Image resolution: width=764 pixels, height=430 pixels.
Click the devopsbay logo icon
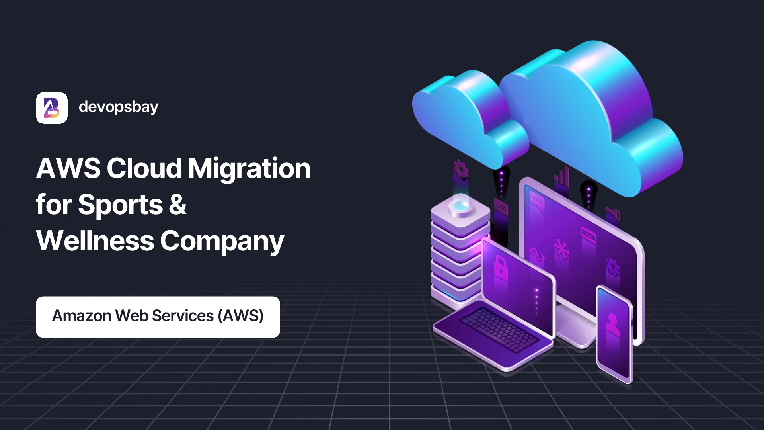pos(52,108)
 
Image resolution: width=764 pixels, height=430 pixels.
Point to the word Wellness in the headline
pos(95,241)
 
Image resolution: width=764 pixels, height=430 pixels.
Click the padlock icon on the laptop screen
pos(501,267)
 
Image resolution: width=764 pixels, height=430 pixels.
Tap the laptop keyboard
pos(499,329)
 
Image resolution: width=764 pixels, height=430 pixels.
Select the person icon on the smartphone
pos(612,324)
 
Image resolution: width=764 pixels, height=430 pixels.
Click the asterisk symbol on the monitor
pos(561,250)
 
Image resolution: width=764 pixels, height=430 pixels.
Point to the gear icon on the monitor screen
pos(612,267)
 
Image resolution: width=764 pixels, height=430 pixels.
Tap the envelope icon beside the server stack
pos(501,207)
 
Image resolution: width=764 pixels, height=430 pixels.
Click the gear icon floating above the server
pos(461,170)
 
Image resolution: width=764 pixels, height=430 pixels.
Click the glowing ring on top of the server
pos(461,206)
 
